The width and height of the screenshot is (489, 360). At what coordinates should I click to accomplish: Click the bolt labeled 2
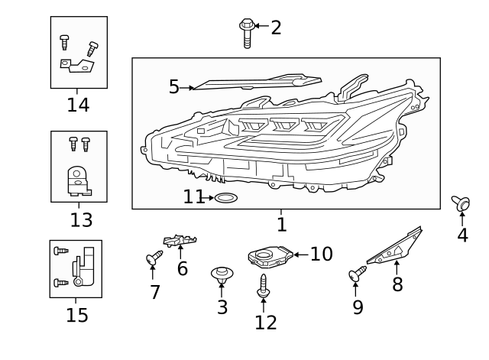[247, 33]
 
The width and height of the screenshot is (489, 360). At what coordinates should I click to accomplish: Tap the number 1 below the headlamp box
[281, 225]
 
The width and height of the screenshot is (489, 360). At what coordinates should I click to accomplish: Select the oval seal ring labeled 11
[225, 199]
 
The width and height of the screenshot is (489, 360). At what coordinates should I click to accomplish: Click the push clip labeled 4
[461, 203]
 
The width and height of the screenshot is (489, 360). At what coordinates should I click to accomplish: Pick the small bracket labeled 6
[180, 242]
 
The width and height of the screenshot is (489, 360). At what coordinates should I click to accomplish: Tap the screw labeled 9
[357, 274]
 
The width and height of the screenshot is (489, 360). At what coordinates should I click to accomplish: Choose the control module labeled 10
[268, 255]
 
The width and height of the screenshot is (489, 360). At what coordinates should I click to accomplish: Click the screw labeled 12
[264, 285]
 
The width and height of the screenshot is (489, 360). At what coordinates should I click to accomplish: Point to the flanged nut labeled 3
[222, 274]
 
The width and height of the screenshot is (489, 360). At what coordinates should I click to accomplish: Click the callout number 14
[78, 105]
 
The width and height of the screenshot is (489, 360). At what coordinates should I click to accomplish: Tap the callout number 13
[81, 221]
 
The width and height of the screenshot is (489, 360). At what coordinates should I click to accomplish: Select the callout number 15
[76, 315]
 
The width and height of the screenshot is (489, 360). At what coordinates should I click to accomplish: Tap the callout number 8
[397, 286]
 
